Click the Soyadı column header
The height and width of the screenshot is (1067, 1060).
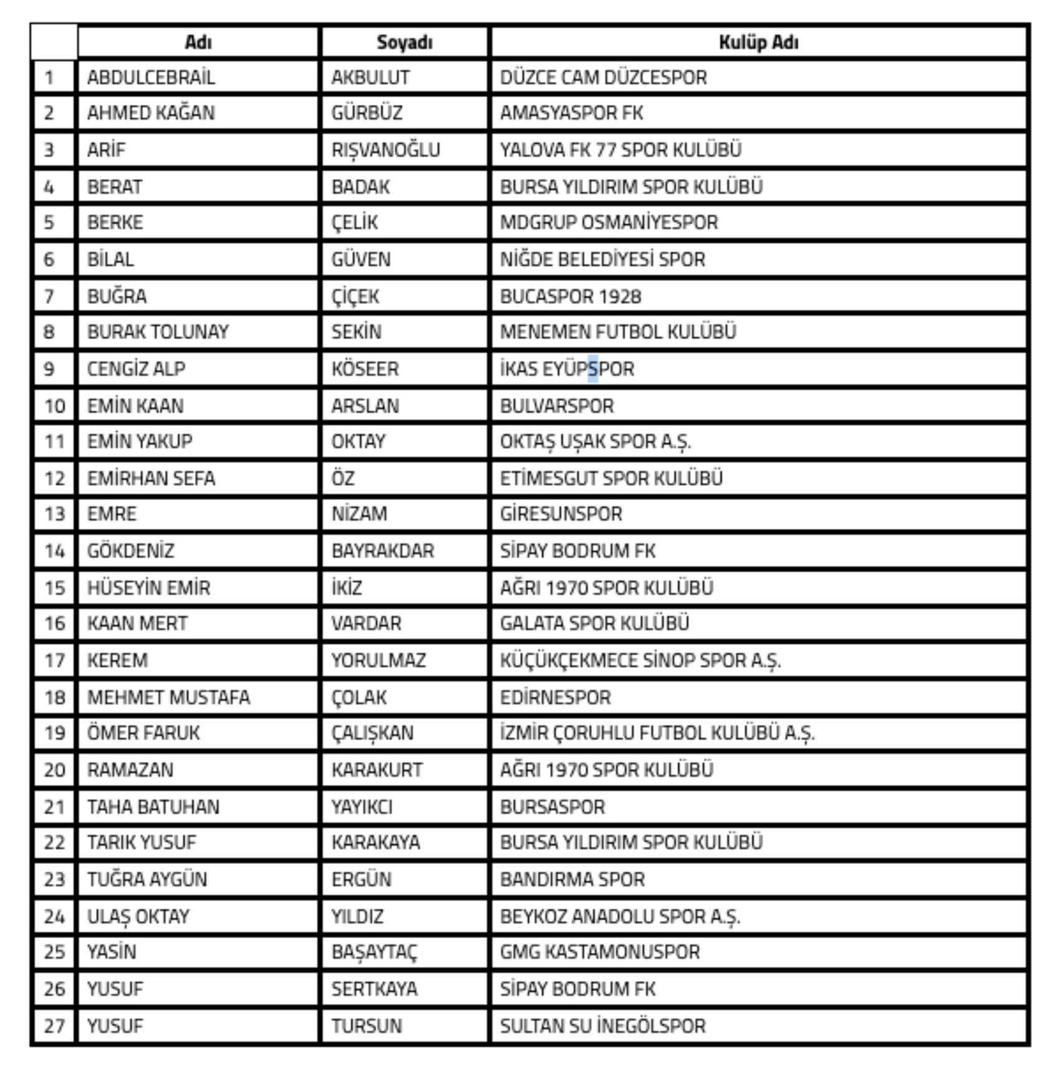click(404, 42)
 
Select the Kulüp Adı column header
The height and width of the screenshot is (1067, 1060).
click(758, 42)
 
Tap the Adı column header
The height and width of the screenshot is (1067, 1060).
click(198, 42)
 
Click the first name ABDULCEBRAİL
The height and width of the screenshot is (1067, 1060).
click(151, 77)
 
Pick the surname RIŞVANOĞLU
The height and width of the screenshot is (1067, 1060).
click(385, 150)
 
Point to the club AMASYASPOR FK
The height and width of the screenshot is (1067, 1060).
click(571, 113)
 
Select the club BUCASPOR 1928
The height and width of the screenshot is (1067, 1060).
click(570, 296)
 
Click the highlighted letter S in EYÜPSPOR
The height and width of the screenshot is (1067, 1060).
click(592, 369)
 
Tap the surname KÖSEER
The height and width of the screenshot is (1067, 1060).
click(365, 369)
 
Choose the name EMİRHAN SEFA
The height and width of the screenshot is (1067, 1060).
click(151, 478)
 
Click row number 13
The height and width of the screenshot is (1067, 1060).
click(54, 514)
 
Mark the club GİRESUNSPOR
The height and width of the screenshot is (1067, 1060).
click(561, 514)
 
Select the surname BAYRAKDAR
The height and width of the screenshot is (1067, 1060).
click(382, 551)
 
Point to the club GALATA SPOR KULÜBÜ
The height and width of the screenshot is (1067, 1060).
click(594, 623)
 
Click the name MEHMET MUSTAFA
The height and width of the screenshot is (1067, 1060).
click(168, 697)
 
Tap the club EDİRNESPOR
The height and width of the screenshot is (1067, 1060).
click(555, 697)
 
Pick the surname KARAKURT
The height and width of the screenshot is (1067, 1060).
click(377, 770)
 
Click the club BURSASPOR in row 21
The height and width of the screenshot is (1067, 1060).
click(552, 807)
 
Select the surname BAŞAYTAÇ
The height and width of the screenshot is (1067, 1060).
click(374, 952)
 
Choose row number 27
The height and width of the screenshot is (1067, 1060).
click(54, 1026)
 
